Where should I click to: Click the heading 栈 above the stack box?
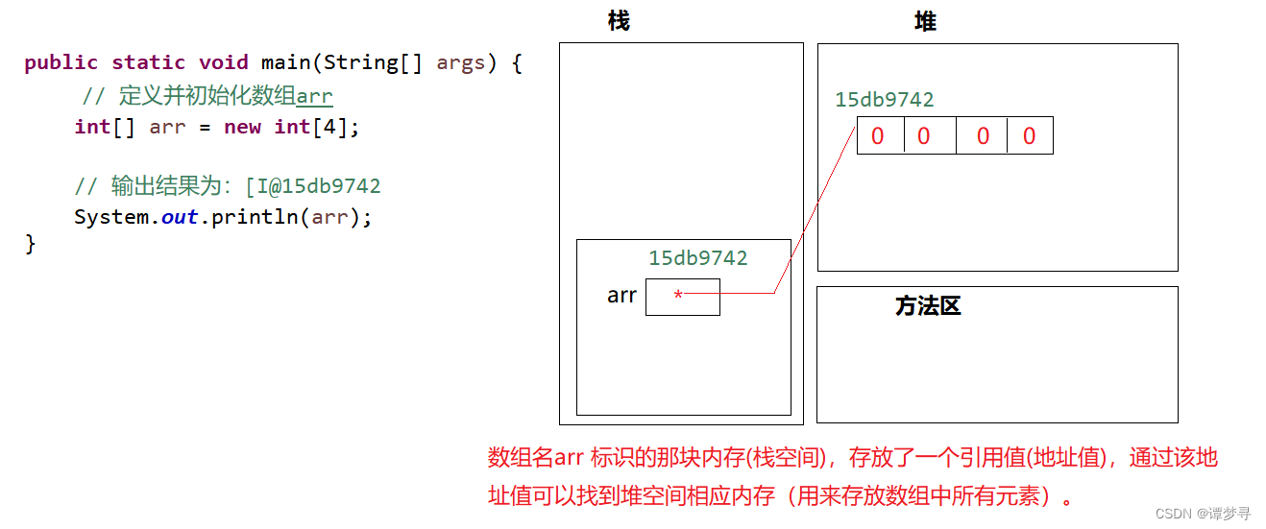click(619, 21)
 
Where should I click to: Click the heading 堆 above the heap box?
click(925, 21)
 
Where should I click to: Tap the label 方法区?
click(927, 306)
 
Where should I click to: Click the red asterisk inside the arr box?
click(678, 297)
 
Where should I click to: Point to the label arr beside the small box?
click(621, 296)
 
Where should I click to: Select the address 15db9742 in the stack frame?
click(697, 257)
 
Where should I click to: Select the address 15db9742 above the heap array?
click(884, 100)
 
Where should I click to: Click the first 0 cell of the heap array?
click(878, 136)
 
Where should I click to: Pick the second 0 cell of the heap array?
click(924, 136)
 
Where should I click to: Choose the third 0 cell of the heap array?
click(983, 136)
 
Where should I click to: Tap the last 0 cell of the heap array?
click(1029, 136)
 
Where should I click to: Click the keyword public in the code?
click(61, 63)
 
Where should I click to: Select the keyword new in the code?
click(242, 127)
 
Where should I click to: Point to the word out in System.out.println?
click(180, 217)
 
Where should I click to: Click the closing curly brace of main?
click(31, 244)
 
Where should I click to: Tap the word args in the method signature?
click(460, 63)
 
